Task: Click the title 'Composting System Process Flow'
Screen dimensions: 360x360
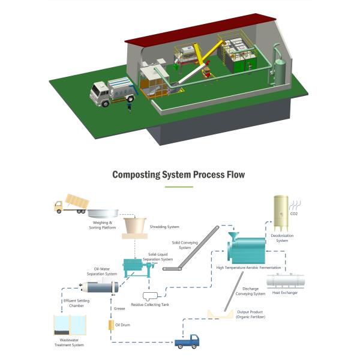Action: (179, 175)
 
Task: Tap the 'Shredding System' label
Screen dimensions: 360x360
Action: (164, 227)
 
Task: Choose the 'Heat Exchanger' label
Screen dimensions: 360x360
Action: (285, 292)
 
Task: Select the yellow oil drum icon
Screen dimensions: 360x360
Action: (110, 325)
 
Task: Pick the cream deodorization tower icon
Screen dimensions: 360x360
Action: (281, 213)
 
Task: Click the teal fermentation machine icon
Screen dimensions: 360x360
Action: (245, 248)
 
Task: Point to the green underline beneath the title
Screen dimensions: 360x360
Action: (179, 187)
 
